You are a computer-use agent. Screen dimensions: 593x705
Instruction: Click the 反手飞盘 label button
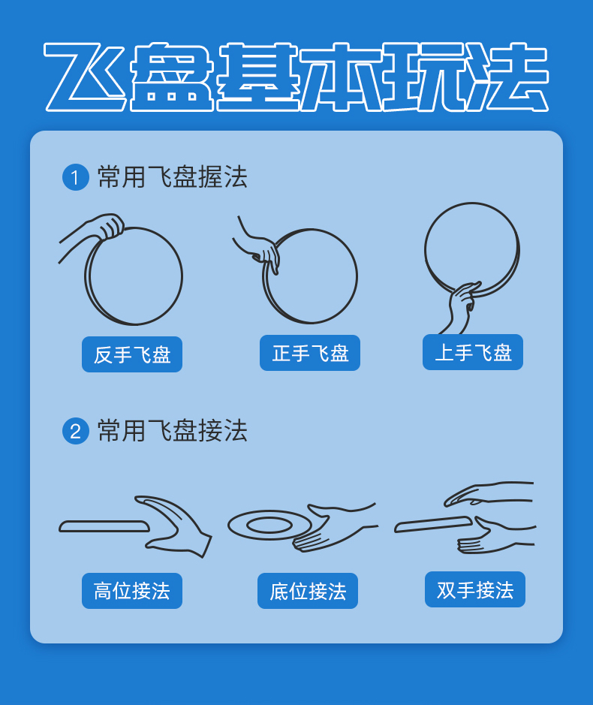tap(131, 354)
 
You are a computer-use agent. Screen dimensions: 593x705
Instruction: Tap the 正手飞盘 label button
tap(310, 353)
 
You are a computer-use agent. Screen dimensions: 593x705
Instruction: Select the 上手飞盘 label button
tap(472, 352)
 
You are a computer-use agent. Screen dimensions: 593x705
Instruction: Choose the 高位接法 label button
tap(131, 591)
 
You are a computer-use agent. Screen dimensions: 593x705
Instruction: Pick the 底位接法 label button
tap(308, 591)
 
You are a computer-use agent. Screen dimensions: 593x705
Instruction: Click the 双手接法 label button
tap(474, 589)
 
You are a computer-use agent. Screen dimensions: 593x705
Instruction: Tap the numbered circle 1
tap(75, 177)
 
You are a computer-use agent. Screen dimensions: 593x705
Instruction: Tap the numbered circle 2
tap(75, 431)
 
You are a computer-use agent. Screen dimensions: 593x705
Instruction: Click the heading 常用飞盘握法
tap(172, 176)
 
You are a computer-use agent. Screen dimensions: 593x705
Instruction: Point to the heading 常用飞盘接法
tap(172, 431)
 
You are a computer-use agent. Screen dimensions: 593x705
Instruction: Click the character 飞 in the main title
tap(86, 77)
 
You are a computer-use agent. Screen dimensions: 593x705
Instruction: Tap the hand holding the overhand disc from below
tap(461, 306)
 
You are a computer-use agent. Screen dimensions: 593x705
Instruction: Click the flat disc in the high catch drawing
tap(104, 526)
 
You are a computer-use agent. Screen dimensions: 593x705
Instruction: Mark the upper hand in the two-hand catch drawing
tap(488, 494)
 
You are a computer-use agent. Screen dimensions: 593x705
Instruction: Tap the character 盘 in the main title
tap(171, 77)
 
